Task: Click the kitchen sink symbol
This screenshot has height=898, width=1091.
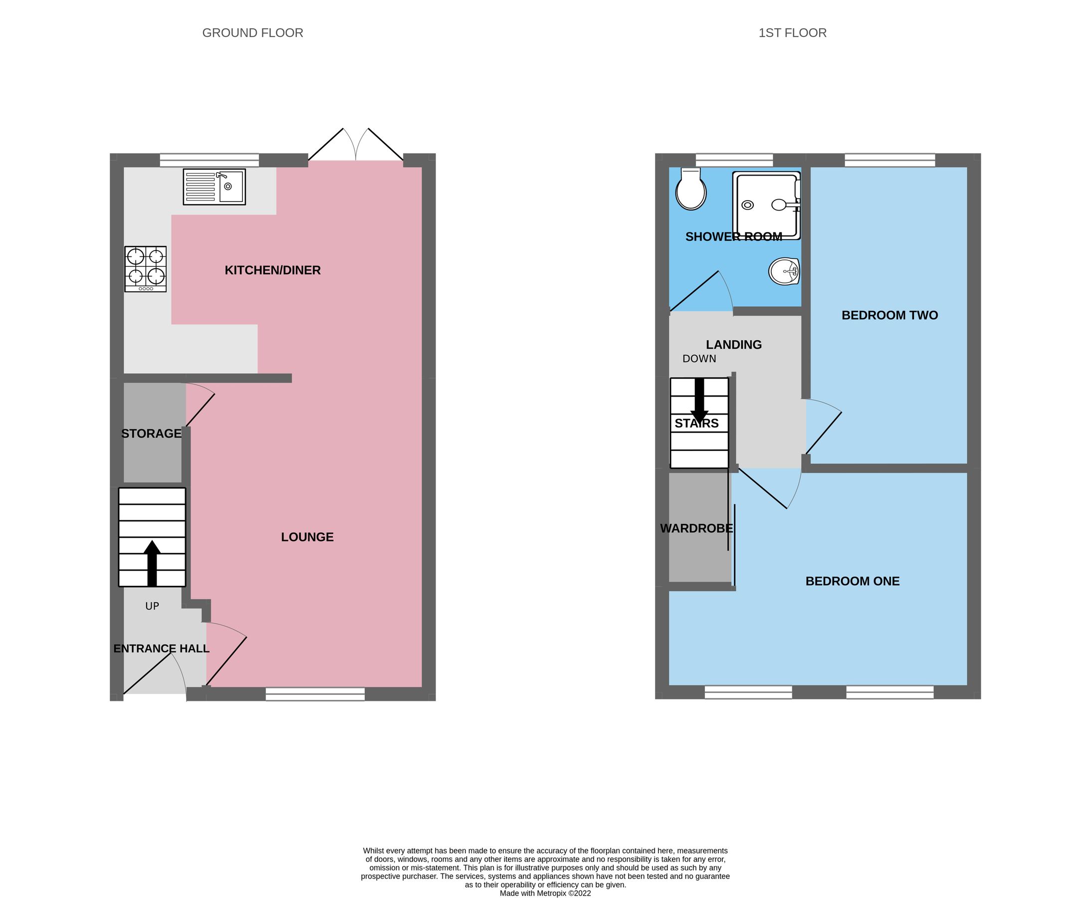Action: pyautogui.click(x=214, y=187)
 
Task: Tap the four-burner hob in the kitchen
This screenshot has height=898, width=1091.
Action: pyautogui.click(x=145, y=269)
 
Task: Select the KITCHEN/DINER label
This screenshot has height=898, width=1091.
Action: pyautogui.click(x=272, y=270)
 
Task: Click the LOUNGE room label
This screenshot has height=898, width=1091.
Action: pyautogui.click(x=307, y=537)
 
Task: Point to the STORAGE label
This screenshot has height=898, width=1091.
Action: pyautogui.click(x=151, y=434)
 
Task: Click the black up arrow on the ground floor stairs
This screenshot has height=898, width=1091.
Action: pyautogui.click(x=152, y=563)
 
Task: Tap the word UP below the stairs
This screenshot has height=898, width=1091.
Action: pyautogui.click(x=152, y=606)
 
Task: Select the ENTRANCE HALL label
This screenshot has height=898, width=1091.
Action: pyautogui.click(x=162, y=649)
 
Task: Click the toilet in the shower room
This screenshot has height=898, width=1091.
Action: pyautogui.click(x=690, y=191)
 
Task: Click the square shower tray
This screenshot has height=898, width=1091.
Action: pyautogui.click(x=766, y=206)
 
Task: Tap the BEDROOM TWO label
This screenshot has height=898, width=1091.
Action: pyautogui.click(x=889, y=315)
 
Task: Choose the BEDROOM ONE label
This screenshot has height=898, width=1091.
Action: pyautogui.click(x=853, y=581)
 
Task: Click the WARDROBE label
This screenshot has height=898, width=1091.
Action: pyautogui.click(x=696, y=528)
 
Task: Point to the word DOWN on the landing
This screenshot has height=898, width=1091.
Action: pyautogui.click(x=699, y=359)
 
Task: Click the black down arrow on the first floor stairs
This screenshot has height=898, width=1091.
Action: pyautogui.click(x=699, y=402)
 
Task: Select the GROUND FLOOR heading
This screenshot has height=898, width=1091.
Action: pyautogui.click(x=252, y=32)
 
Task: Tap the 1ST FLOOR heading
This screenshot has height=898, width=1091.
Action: pyautogui.click(x=792, y=32)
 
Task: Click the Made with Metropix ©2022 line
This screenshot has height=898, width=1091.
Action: pyautogui.click(x=545, y=893)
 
